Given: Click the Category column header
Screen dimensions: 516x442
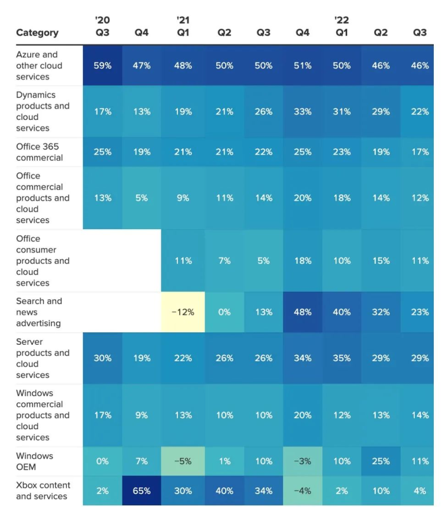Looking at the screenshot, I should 37,33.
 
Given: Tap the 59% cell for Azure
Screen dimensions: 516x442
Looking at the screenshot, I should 103,66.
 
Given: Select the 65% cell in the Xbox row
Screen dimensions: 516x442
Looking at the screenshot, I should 141,491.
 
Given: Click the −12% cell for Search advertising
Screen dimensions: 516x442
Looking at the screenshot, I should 183,312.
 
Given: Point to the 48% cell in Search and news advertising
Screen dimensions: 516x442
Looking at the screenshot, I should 302,312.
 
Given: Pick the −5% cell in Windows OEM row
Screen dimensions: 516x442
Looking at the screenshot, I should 183,461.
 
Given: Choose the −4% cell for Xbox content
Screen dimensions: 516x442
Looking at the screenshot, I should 302,491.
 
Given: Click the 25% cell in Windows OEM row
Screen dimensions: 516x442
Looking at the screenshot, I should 381,461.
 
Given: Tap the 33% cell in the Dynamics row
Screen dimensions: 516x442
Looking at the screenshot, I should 302,111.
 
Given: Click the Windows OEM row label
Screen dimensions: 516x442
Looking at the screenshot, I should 35,461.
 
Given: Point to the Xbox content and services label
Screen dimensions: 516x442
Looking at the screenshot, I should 43,491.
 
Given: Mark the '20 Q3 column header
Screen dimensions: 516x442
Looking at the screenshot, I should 103,27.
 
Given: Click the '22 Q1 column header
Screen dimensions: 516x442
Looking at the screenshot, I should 342,27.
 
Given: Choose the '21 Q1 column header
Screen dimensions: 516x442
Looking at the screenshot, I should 183,27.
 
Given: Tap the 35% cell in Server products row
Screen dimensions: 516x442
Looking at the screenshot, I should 342,358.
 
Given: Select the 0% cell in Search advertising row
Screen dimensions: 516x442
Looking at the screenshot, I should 225,312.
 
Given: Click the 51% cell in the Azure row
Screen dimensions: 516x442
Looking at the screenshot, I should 302,66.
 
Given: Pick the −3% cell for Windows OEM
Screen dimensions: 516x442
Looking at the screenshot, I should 302,461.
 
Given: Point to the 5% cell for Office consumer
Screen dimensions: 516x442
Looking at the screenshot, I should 263,260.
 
